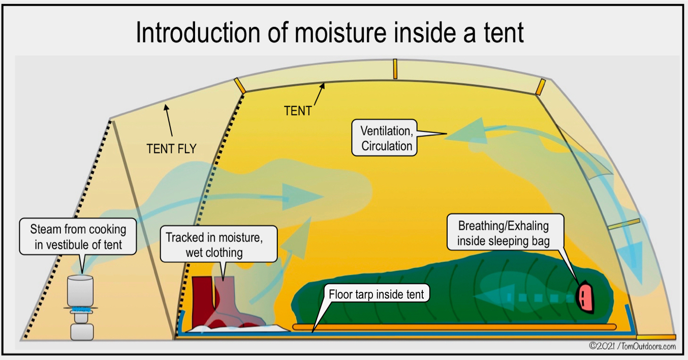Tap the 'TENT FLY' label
click(171, 148)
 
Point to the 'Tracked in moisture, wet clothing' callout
click(222, 244)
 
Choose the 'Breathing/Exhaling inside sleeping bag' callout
click(503, 233)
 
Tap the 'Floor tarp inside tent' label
click(376, 294)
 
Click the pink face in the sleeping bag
click(584, 294)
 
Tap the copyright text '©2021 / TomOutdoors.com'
click(632, 346)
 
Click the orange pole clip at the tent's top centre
click(395, 69)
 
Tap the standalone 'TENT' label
click(298, 111)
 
